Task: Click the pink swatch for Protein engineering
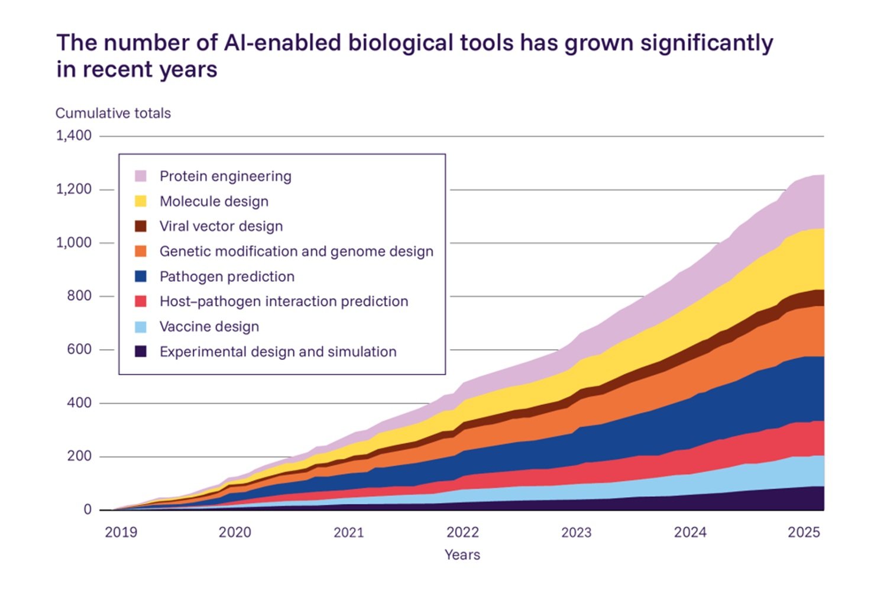tap(141, 176)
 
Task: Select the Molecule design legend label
tap(214, 201)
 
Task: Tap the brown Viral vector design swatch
tap(141, 226)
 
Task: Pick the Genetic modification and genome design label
tap(296, 252)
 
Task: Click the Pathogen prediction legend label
tap(227, 276)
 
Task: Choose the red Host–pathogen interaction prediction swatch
tap(141, 301)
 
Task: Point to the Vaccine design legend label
tap(209, 327)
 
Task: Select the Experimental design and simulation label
tap(278, 352)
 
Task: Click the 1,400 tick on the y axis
tap(74, 136)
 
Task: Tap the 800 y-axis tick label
tap(79, 296)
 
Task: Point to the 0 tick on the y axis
tap(88, 510)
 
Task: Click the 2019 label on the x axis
tap(121, 532)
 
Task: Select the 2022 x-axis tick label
tap(462, 532)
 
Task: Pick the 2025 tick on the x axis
tap(804, 532)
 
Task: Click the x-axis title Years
tap(462, 555)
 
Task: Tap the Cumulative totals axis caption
tap(113, 113)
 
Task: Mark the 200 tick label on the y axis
tap(79, 456)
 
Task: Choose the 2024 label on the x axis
tap(690, 532)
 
